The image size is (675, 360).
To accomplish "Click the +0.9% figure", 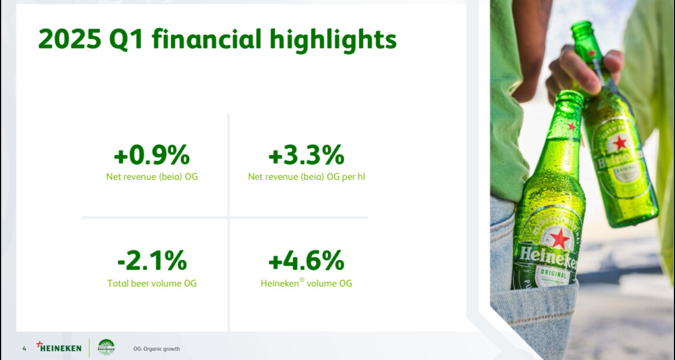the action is tap(152, 155).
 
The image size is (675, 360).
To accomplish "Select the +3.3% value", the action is tap(306, 155).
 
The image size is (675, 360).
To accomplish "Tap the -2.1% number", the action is tap(152, 261).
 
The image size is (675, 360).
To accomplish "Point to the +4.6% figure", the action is tap(306, 261).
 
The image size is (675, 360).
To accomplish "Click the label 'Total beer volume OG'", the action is tap(152, 283).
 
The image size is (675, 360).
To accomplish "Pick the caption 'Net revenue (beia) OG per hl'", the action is tap(306, 177).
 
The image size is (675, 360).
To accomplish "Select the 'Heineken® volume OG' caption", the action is tap(306, 283).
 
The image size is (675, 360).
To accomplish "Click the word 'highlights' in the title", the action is tap(333, 40).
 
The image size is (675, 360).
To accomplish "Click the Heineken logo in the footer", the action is tap(59, 347).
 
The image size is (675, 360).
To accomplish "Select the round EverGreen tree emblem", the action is tap(106, 347).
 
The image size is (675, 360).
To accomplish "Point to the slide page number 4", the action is tap(24, 348).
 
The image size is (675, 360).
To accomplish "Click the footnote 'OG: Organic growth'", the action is tap(157, 349).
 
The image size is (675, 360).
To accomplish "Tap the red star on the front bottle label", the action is tap(560, 238).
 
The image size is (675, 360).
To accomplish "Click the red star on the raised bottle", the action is tap(620, 142).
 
